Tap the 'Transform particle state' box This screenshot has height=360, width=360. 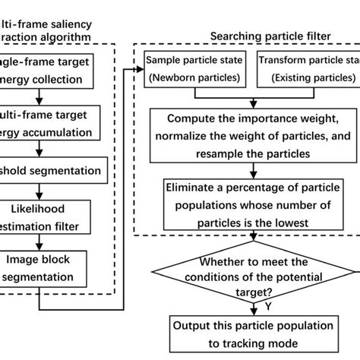click(307, 67)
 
